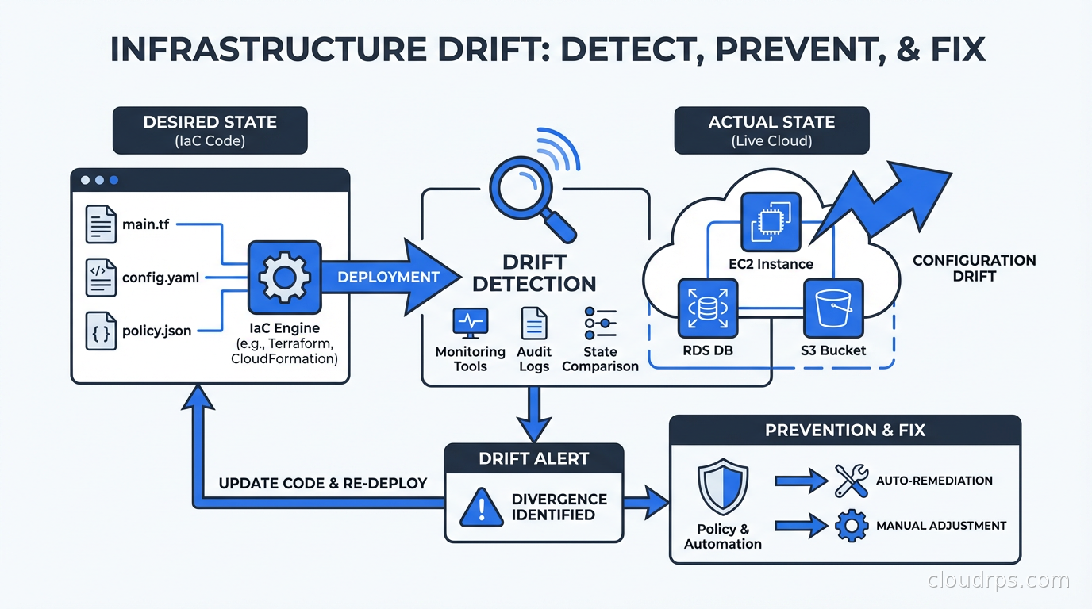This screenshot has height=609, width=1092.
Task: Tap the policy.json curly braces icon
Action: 101,331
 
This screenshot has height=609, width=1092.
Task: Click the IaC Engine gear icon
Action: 284,277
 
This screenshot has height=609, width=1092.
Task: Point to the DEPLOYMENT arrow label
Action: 388,277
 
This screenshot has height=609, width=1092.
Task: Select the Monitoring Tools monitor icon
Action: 470,324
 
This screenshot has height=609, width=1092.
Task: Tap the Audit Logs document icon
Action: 534,324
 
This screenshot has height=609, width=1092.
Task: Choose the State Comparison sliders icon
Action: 600,323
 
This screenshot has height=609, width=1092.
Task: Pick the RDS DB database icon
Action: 708,308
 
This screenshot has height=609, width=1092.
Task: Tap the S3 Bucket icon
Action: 832,308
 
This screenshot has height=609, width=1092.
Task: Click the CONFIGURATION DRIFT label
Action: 974,268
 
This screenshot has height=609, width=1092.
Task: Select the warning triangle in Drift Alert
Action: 482,507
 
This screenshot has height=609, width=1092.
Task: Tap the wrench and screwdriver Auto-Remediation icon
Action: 852,481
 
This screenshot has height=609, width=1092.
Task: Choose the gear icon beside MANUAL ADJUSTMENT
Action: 852,526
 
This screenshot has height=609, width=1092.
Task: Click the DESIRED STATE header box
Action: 210,130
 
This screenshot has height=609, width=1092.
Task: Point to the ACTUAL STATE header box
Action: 771,130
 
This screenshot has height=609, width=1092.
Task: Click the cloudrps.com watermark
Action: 998,580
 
